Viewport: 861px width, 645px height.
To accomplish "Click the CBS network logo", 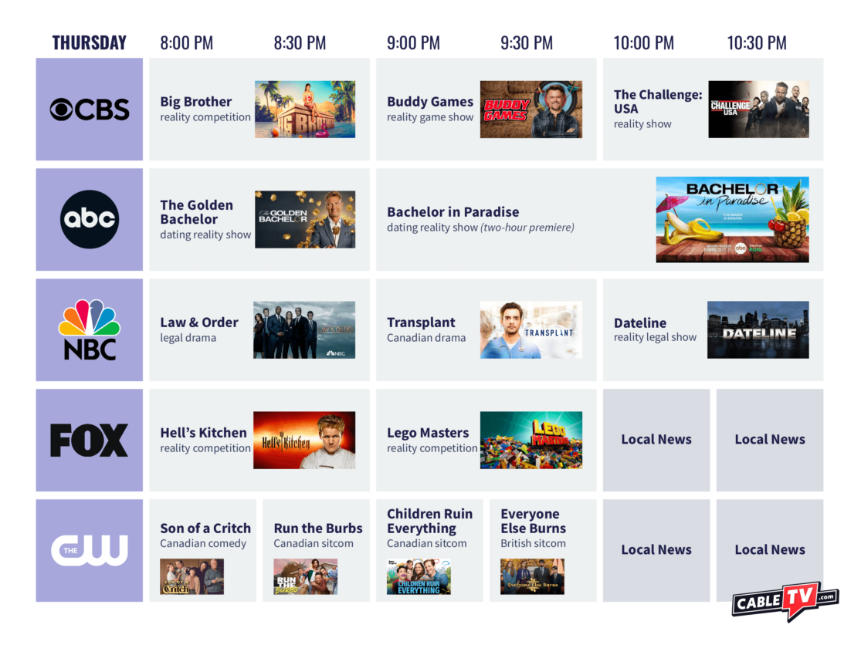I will click(90, 110).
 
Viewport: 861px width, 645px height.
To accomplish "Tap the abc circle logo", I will click(90, 219).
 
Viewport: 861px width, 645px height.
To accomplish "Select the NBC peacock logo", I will click(90, 329).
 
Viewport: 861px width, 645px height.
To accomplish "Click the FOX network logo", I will click(90, 440).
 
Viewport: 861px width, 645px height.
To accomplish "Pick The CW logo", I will click(90, 550).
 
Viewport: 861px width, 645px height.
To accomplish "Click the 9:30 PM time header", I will click(527, 43).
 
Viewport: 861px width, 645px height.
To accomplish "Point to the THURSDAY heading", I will click(90, 43).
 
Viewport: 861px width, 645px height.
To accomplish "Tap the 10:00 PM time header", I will click(644, 43).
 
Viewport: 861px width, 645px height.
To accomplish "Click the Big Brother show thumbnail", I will click(305, 110).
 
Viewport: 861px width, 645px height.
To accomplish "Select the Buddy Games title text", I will click(430, 102).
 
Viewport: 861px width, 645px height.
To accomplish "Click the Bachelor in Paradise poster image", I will click(732, 219).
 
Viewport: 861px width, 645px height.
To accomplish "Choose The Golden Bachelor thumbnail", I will click(305, 219).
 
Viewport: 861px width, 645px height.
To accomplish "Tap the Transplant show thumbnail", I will click(531, 329).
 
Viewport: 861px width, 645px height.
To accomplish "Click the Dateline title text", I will click(640, 323).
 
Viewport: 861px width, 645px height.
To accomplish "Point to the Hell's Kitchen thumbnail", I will click(304, 440).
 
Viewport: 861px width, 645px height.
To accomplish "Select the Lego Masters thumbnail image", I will click(531, 440).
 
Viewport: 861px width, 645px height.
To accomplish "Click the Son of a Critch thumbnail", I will click(192, 576).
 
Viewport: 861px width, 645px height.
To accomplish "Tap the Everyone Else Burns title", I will click(534, 522).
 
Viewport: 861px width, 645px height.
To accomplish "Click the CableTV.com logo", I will click(785, 601).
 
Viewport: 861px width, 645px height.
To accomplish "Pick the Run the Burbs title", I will click(318, 528).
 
